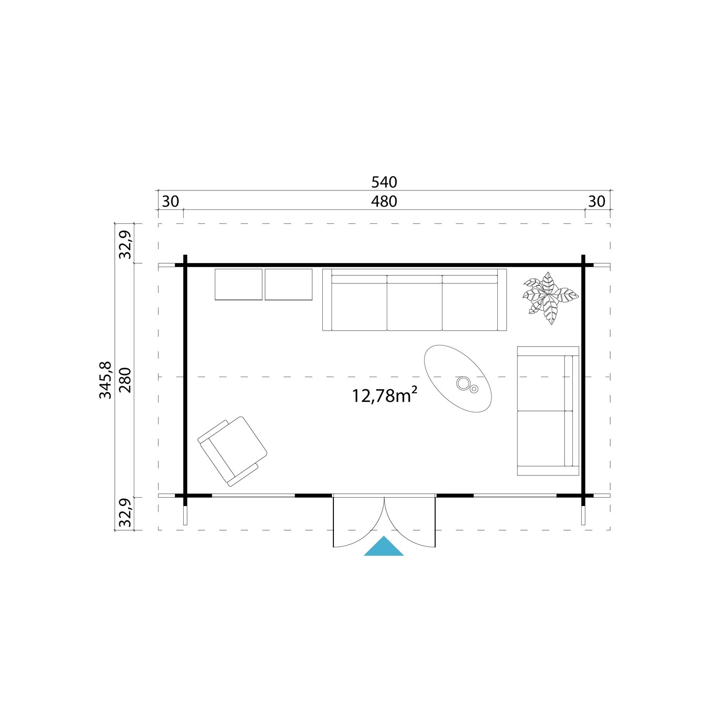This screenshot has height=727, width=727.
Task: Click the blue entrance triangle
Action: pyautogui.click(x=384, y=548)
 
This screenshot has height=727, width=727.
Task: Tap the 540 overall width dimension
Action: pyautogui.click(x=384, y=182)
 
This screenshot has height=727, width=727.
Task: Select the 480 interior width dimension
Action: pyautogui.click(x=384, y=201)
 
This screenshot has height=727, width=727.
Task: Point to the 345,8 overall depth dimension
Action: pyautogui.click(x=105, y=380)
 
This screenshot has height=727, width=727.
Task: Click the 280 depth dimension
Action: pyautogui.click(x=125, y=380)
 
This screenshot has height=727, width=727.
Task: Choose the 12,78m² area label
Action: pyautogui.click(x=384, y=395)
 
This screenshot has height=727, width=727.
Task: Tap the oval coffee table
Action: pyautogui.click(x=458, y=378)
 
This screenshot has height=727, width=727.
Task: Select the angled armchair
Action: pyautogui.click(x=233, y=451)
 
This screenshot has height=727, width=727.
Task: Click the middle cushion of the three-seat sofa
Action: pyautogui.click(x=414, y=303)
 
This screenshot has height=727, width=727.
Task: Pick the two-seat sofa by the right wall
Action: pyautogui.click(x=548, y=411)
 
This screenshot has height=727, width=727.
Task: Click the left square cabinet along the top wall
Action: pyautogui.click(x=238, y=284)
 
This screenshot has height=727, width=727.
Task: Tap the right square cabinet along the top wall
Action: pyautogui.click(x=288, y=284)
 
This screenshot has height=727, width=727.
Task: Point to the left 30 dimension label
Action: pyautogui.click(x=170, y=201)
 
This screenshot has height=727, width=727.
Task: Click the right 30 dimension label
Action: pyautogui.click(x=597, y=201)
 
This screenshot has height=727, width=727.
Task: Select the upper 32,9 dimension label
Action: pyautogui.click(x=125, y=244)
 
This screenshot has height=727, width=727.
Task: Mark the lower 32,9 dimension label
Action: pyautogui.click(x=125, y=513)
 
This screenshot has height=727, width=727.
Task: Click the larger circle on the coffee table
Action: pyautogui.click(x=463, y=383)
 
